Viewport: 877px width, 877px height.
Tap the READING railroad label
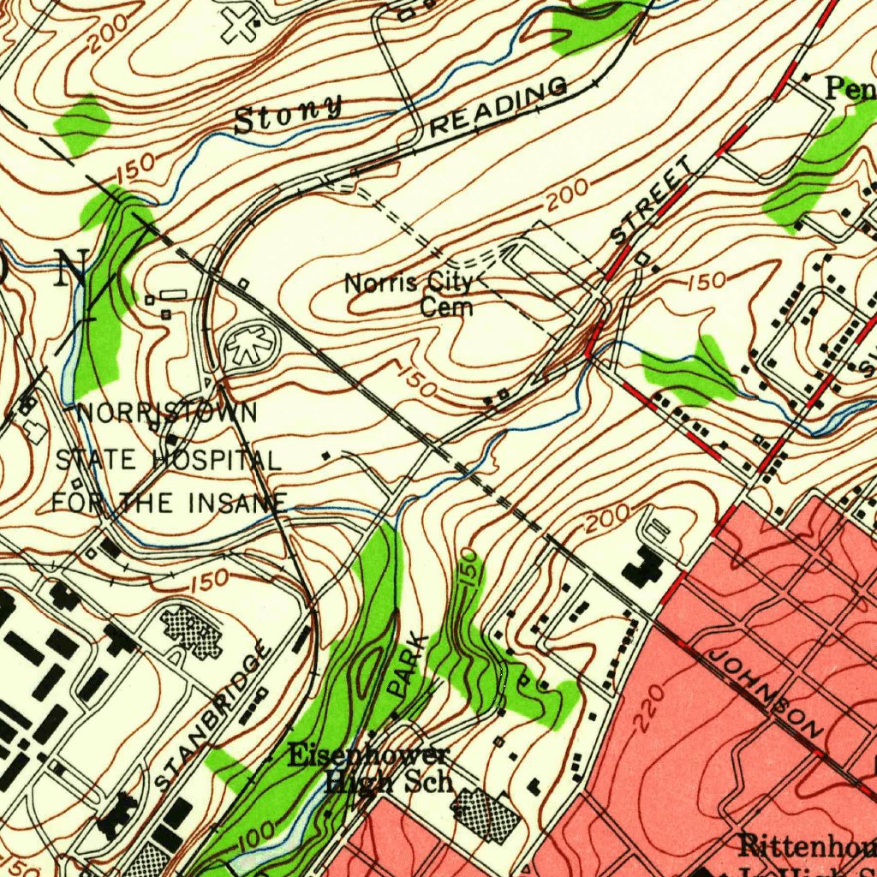click(x=498, y=105)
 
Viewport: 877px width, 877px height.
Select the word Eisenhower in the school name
click(x=367, y=755)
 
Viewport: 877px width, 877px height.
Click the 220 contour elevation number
click(x=649, y=707)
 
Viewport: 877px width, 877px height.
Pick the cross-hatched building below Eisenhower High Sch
click(x=485, y=814)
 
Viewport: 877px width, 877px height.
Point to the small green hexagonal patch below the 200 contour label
click(x=83, y=123)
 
